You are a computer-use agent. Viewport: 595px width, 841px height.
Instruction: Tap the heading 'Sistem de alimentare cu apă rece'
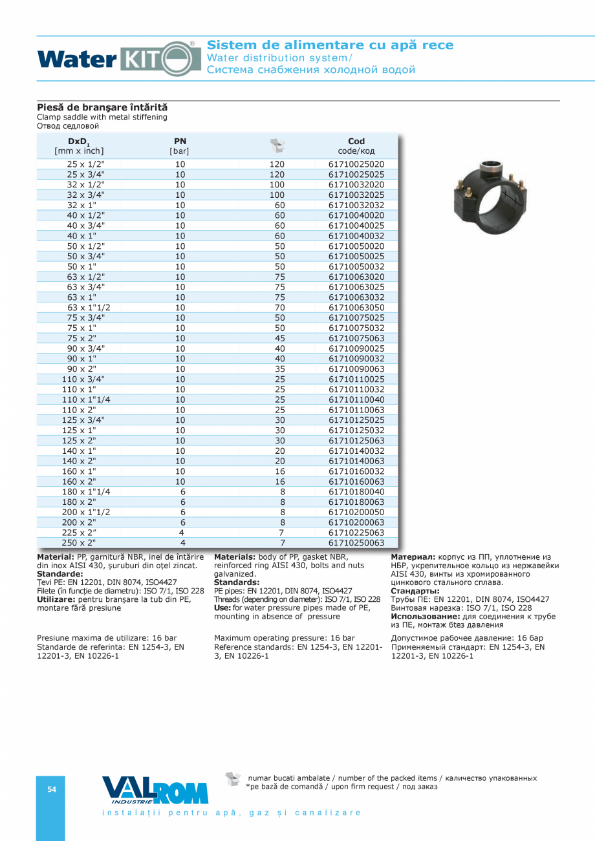(x=330, y=45)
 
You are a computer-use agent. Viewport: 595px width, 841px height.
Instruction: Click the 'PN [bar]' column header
(x=180, y=146)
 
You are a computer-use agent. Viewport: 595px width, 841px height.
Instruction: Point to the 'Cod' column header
(x=356, y=146)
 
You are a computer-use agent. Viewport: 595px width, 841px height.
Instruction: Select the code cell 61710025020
(x=356, y=164)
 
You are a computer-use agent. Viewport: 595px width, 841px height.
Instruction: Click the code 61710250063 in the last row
(x=356, y=543)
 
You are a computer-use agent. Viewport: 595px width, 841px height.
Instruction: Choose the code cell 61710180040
(x=356, y=492)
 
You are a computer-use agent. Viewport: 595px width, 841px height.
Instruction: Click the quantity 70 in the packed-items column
(x=277, y=308)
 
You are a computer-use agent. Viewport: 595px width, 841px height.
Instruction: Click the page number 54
(x=51, y=789)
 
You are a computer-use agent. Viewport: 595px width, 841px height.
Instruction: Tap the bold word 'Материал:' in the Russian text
(x=413, y=557)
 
